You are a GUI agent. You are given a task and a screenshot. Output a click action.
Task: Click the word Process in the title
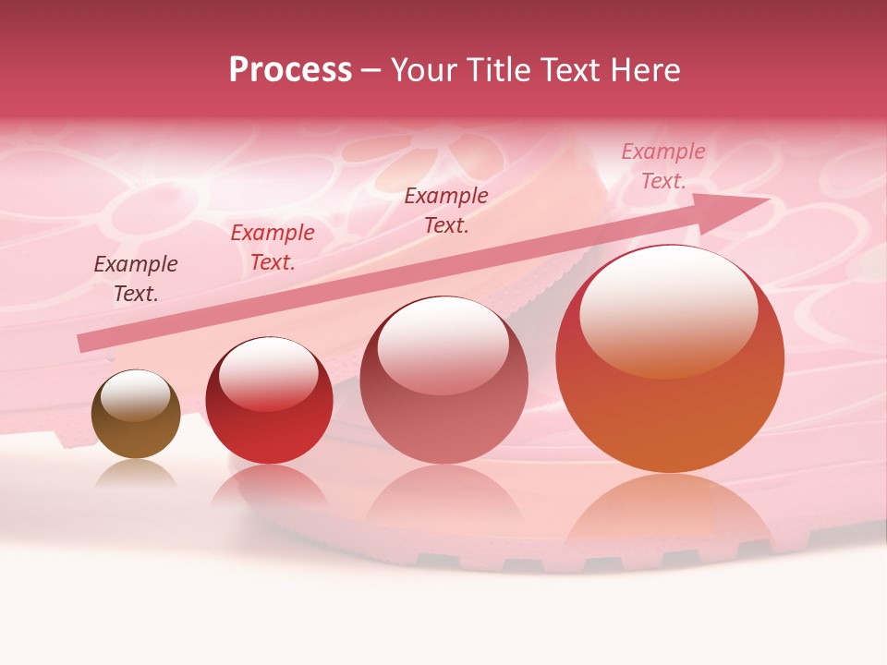[290, 70]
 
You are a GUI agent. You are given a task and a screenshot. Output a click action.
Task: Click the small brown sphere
[136, 415]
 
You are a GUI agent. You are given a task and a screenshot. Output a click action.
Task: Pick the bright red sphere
[269, 401]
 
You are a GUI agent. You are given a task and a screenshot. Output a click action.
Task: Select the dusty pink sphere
[443, 381]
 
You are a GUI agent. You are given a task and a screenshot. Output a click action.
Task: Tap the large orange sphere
[670, 360]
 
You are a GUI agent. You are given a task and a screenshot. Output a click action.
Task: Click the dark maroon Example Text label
[136, 279]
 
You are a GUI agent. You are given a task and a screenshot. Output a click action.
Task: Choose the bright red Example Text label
[273, 248]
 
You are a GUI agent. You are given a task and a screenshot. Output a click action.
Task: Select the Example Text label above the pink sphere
[446, 210]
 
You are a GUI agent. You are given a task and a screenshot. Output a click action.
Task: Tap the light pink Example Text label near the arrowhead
[663, 166]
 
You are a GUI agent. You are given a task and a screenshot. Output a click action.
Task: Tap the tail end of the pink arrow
[85, 343]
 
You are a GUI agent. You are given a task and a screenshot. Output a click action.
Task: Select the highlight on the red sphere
[268, 373]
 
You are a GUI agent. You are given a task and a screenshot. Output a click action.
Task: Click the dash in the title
[371, 70]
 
